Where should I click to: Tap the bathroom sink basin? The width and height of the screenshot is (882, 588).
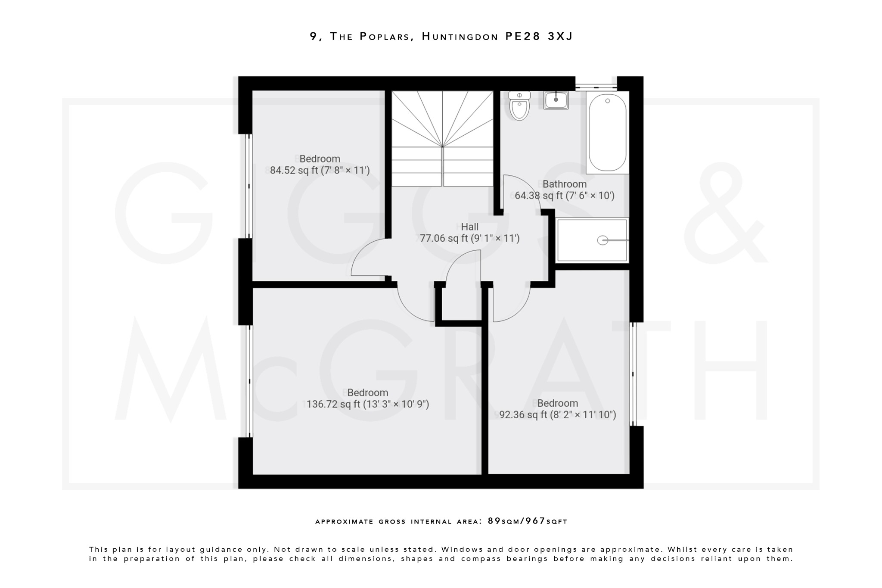(556, 100)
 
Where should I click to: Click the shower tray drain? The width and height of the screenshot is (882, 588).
(602, 240)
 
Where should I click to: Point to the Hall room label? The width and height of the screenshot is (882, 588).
(469, 227)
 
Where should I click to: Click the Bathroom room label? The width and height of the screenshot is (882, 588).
(564, 184)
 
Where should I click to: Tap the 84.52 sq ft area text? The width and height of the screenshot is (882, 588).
(320, 171)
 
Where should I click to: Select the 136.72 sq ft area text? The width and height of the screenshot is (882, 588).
(368, 404)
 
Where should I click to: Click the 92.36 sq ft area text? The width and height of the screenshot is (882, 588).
(557, 415)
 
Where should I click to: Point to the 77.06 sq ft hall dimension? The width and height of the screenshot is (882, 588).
(469, 238)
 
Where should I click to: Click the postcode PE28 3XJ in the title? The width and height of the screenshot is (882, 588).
(539, 37)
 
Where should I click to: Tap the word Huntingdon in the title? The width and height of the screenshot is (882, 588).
(460, 37)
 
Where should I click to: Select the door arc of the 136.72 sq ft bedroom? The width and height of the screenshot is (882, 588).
(411, 308)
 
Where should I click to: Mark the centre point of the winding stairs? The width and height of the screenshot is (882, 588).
(442, 146)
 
